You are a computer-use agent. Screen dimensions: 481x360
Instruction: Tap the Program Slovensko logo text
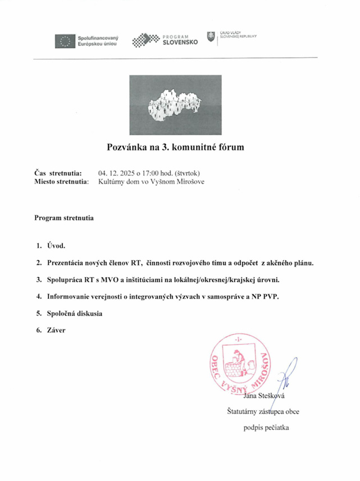tap(180, 40)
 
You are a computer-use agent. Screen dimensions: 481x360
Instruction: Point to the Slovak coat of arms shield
tap(211, 37)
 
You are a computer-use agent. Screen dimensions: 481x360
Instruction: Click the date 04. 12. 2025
tap(117, 173)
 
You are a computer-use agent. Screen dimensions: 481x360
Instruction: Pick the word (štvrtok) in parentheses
tap(192, 173)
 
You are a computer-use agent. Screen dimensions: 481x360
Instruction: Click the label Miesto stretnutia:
tap(61, 182)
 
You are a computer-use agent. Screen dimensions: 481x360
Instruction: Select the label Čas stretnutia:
tap(58, 173)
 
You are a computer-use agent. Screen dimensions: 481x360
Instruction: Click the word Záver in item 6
tap(56, 330)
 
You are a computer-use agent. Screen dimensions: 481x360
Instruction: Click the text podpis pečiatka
tap(266, 428)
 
